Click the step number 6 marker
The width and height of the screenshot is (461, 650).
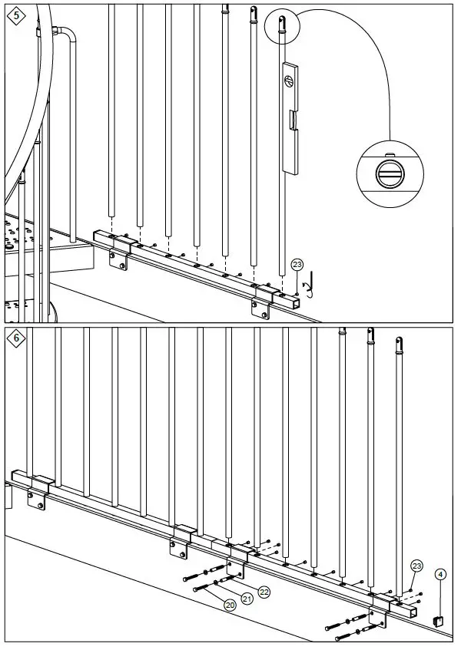[15, 338]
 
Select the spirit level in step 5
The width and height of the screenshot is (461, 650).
[288, 116]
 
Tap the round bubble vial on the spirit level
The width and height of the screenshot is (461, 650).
[288, 80]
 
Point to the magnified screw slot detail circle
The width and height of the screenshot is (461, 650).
[390, 173]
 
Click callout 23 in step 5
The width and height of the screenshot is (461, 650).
[297, 266]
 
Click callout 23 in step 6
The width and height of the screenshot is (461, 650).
[416, 566]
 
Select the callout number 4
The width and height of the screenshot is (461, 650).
[440, 572]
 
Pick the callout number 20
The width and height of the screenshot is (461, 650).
[230, 605]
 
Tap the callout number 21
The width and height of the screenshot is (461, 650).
[247, 599]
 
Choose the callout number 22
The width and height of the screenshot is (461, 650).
[264, 591]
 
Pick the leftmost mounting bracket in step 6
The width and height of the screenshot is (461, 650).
[35, 491]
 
